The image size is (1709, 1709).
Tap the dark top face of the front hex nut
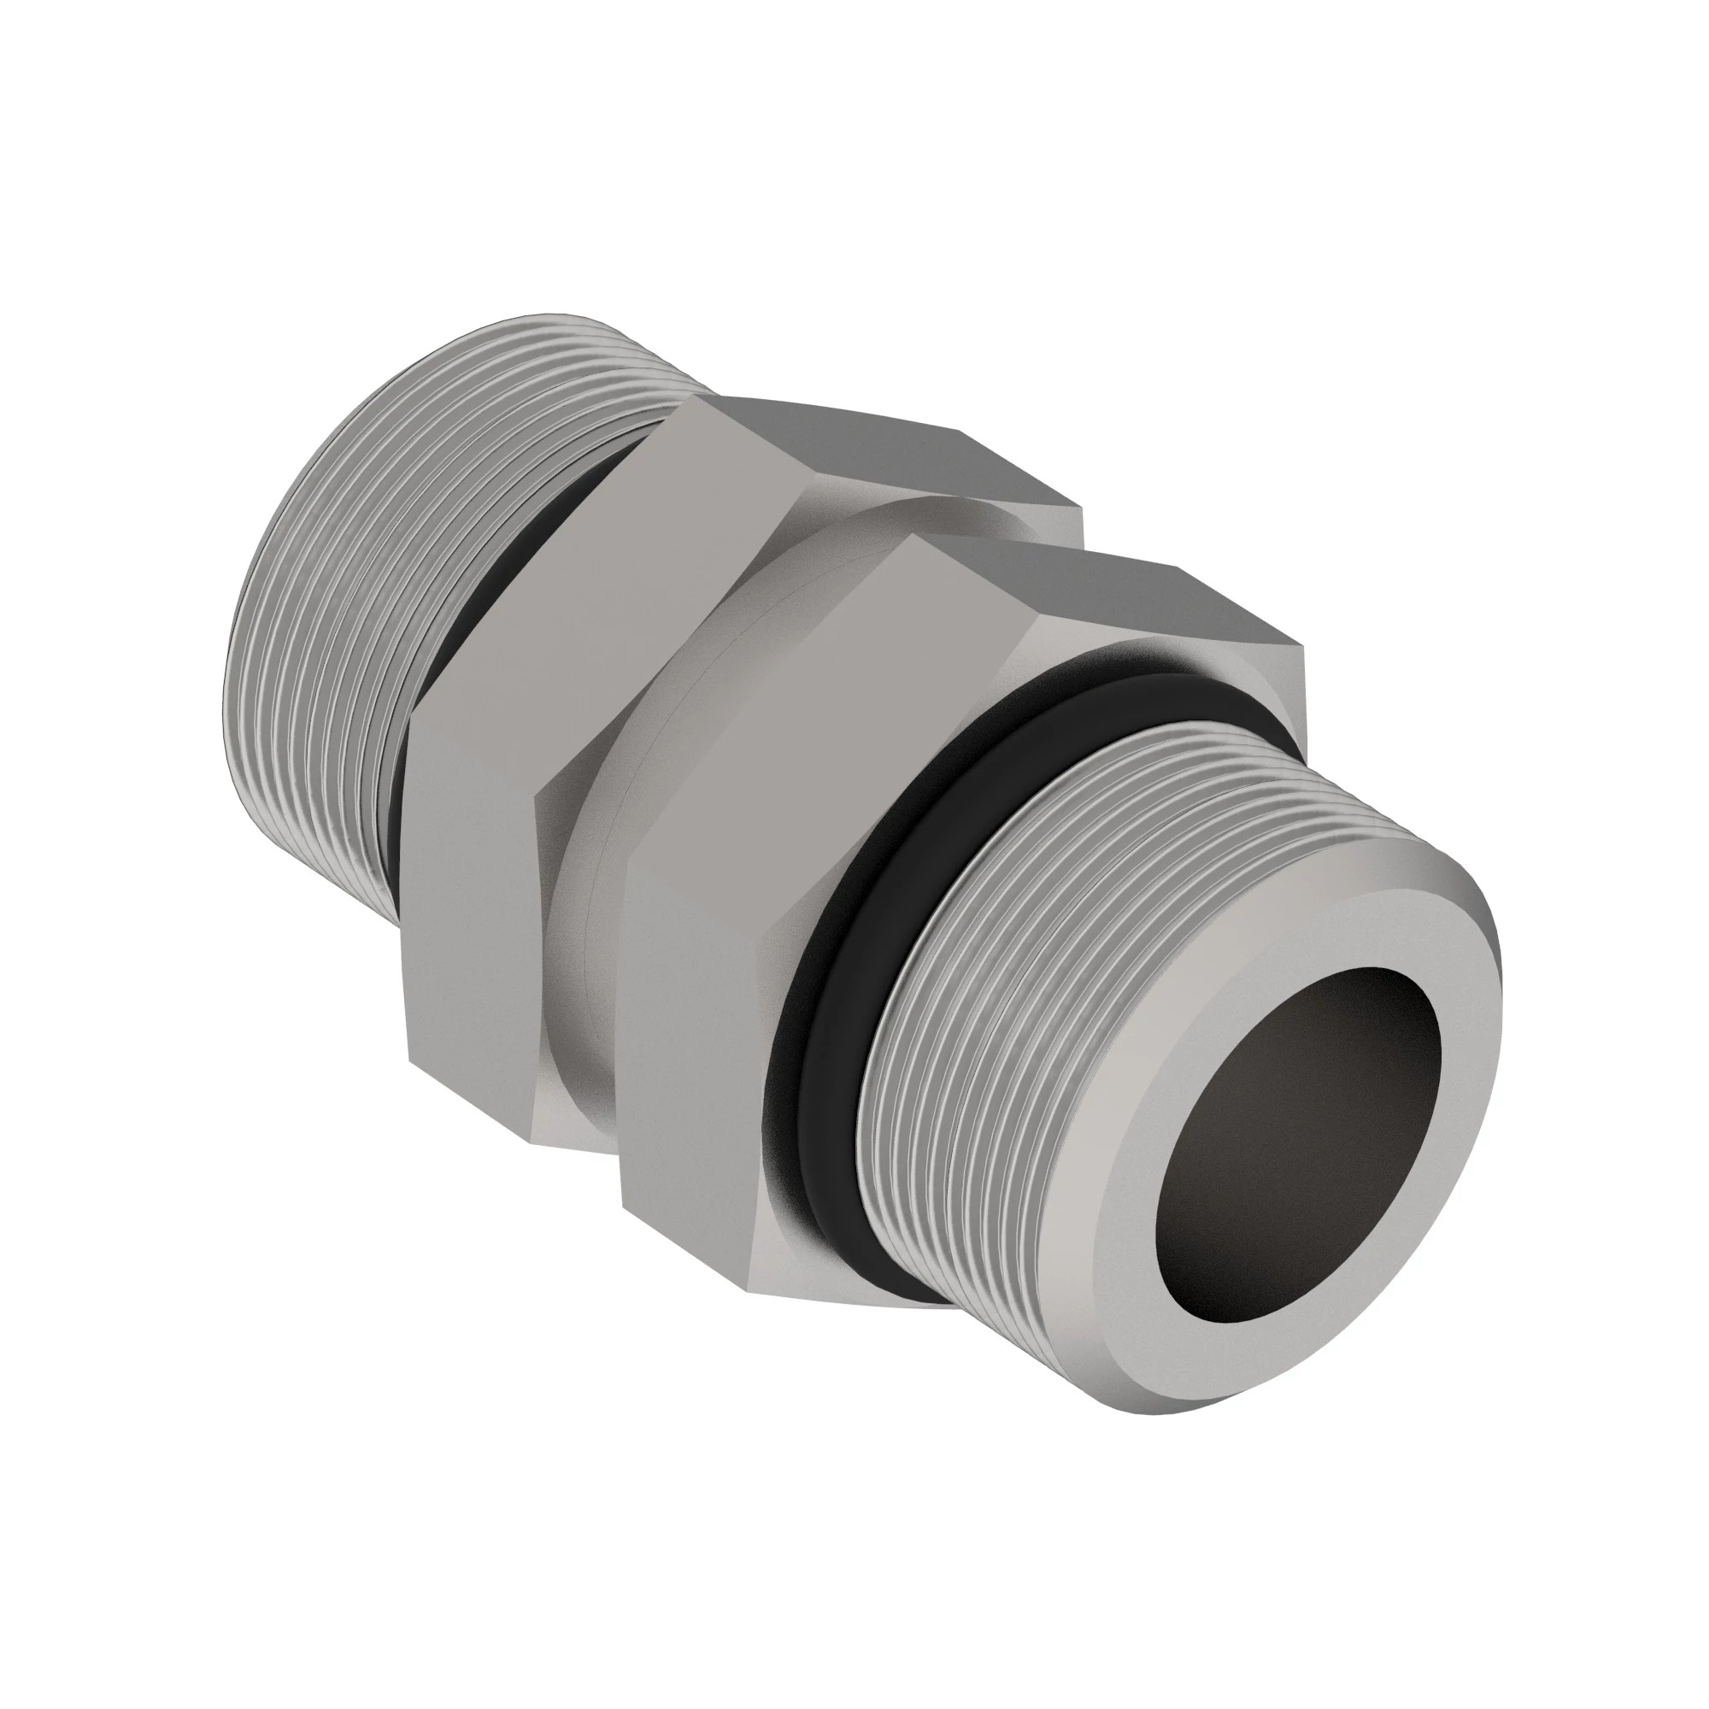coord(1106,593)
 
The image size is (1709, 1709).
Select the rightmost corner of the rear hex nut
coord(1081,508)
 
